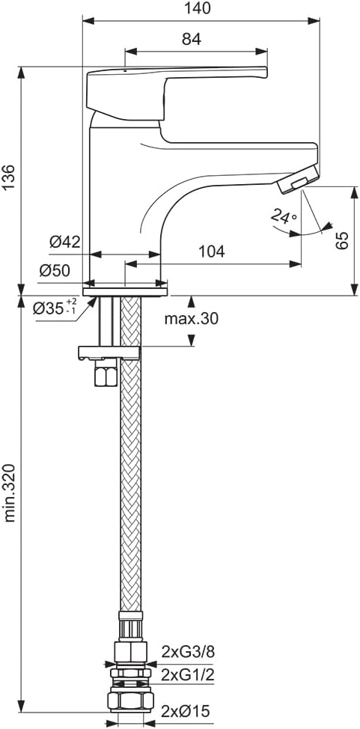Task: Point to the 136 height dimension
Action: (x=9, y=177)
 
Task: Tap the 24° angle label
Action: (x=284, y=216)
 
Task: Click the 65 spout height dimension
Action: (x=342, y=240)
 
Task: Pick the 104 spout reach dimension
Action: (x=212, y=251)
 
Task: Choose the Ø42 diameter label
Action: (x=65, y=242)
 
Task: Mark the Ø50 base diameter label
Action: (x=55, y=271)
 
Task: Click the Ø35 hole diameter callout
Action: (x=55, y=308)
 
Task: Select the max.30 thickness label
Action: (x=191, y=319)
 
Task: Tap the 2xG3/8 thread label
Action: (x=188, y=652)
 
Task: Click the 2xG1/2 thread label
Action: (x=188, y=674)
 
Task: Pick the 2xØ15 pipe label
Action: (x=186, y=710)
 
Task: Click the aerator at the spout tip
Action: (x=299, y=179)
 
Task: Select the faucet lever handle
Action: (x=177, y=91)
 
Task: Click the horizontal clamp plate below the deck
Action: (x=109, y=353)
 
